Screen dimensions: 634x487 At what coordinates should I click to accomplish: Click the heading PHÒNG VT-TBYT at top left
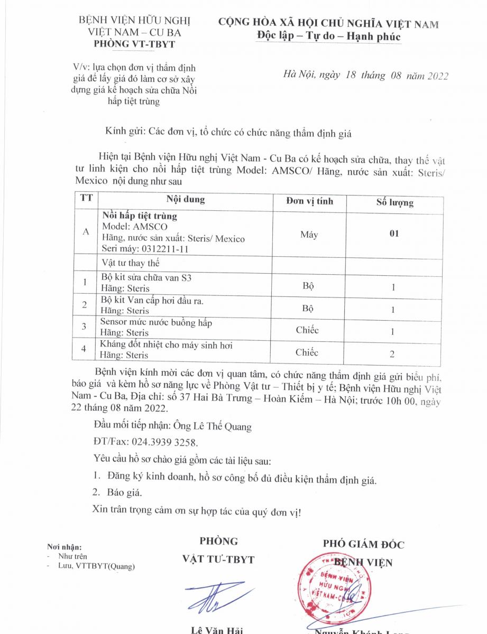point(134,44)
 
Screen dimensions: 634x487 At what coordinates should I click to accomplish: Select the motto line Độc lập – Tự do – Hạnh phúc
point(328,36)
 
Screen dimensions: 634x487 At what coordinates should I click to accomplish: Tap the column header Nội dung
point(186,200)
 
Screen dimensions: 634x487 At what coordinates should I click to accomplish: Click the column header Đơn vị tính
point(309,201)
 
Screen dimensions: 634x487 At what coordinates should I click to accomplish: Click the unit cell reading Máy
point(309,235)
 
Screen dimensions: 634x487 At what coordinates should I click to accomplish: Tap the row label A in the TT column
point(86,232)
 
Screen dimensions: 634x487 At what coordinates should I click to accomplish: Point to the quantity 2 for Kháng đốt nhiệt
point(392,354)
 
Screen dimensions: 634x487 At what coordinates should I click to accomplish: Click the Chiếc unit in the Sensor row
point(307,330)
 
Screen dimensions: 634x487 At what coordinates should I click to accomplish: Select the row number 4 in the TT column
point(85,349)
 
